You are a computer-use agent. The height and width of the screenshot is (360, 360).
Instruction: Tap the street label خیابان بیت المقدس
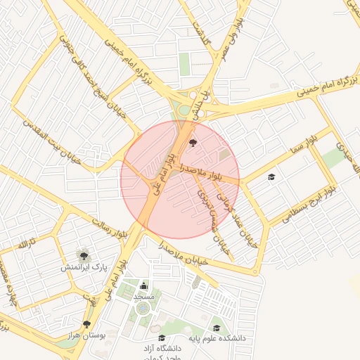click(x=53, y=141)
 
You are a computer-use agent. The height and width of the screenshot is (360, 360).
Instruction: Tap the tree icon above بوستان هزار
click(x=86, y=324)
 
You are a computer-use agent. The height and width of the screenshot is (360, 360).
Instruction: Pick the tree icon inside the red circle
click(x=193, y=143)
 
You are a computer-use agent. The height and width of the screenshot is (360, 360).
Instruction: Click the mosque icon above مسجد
click(x=144, y=285)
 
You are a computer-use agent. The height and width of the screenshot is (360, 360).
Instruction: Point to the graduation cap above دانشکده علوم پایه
click(x=217, y=328)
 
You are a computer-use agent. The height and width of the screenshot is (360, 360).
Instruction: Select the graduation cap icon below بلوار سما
click(x=272, y=176)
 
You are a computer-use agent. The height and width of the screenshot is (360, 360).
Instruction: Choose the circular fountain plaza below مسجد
click(x=143, y=308)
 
